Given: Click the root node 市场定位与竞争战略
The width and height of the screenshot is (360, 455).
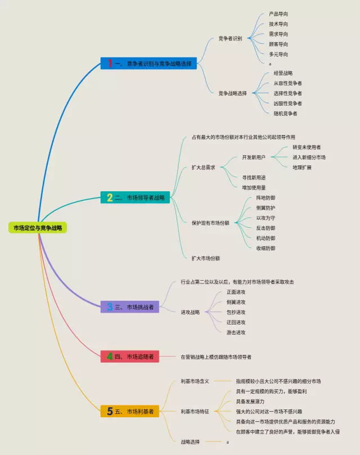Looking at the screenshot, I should (x=38, y=227).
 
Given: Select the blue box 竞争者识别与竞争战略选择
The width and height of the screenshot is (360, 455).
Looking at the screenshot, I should (x=148, y=64).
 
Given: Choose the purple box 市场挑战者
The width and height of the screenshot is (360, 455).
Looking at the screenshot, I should (x=131, y=307).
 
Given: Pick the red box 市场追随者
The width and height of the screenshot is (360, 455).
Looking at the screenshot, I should (x=130, y=356).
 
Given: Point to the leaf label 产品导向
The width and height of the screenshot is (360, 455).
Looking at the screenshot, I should (x=278, y=14).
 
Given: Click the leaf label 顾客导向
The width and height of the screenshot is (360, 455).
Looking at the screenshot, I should (x=278, y=44).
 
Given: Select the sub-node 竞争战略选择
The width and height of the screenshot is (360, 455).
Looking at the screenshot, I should (x=232, y=93).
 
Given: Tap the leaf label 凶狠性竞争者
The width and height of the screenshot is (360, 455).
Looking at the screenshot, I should (x=287, y=103).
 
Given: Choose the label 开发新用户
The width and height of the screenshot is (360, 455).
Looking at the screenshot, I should (x=253, y=157).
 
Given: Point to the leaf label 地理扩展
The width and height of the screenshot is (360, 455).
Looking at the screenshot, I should (x=301, y=168).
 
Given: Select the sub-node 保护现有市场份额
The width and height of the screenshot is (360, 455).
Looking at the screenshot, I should (x=210, y=223).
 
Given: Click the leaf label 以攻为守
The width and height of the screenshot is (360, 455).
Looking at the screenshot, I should (x=265, y=218).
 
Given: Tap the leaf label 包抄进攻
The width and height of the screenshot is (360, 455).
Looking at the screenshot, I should (x=236, y=312).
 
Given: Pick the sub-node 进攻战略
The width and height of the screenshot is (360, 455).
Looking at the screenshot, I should (x=190, y=312).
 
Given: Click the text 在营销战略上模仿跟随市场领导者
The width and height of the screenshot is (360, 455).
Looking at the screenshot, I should (x=216, y=357).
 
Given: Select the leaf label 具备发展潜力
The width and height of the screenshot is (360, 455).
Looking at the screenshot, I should (x=250, y=401).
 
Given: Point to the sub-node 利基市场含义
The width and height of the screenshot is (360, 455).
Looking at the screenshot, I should (x=195, y=381).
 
